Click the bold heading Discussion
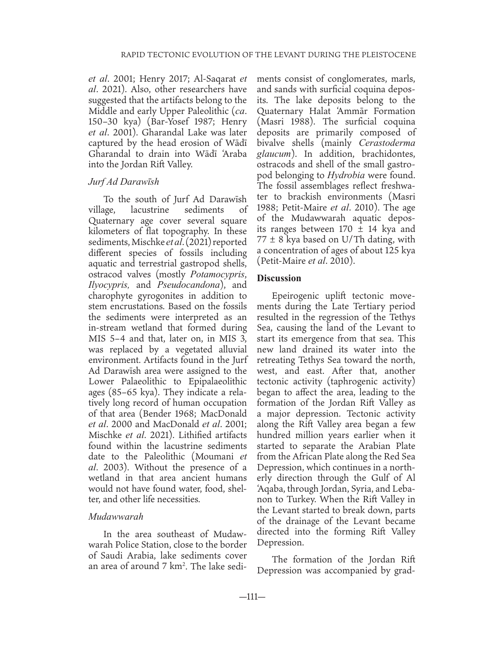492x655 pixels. pos(279,278)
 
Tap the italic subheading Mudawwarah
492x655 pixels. pos(116,516)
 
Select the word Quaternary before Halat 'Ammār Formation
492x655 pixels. pos(284,112)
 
